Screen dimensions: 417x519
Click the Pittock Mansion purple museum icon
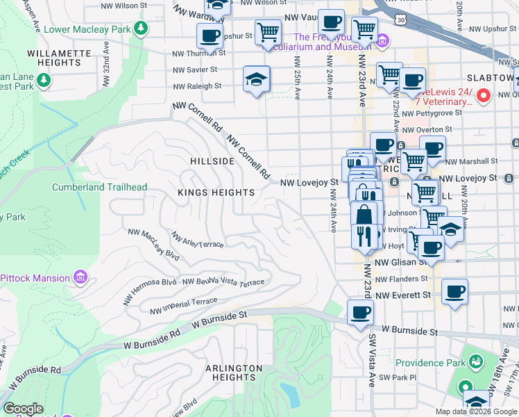(81, 278)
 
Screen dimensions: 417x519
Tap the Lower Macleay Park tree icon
(141, 28)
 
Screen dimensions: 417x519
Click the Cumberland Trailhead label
(99, 188)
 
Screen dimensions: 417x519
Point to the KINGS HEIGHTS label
(216, 193)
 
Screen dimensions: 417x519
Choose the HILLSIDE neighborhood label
(212, 161)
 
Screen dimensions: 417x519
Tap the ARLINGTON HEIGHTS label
(234, 373)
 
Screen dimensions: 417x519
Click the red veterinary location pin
(484, 95)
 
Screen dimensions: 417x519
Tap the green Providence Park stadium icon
(476, 362)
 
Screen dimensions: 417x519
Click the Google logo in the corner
(24, 409)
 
